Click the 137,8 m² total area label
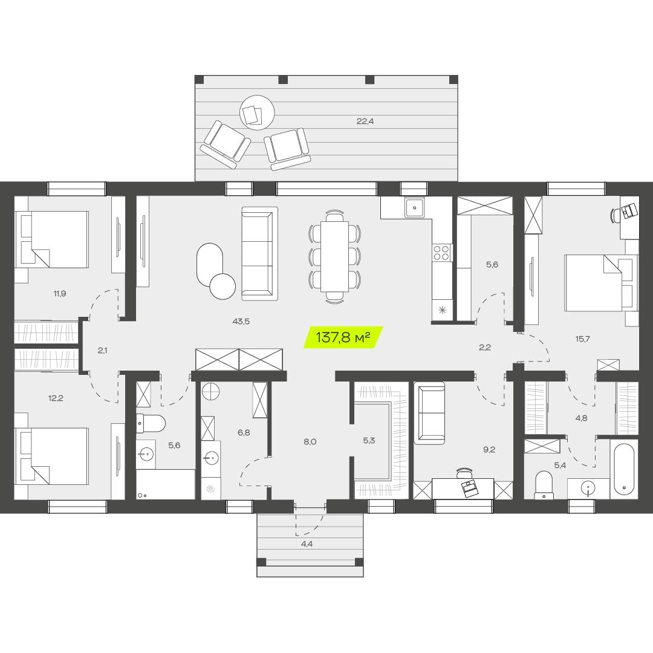343,337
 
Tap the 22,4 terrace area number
365,121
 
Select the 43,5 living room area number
241,321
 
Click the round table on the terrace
257,112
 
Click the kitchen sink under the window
414,207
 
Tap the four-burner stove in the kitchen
442,252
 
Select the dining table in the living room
334,256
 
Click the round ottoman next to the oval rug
223,287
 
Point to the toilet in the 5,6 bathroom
151,423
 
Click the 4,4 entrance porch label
307,544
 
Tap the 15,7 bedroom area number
583,339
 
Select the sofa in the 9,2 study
429,413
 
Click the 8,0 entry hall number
310,442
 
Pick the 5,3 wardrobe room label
369,441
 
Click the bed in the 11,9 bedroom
51,239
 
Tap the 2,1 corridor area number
102,351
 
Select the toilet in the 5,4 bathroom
544,484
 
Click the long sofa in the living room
259,253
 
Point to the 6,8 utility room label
244,433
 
